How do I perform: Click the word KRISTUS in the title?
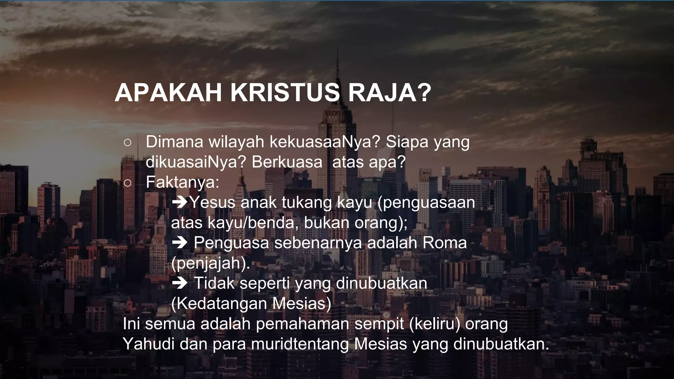(285, 93)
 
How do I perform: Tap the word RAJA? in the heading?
(389, 93)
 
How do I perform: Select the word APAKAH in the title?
(168, 93)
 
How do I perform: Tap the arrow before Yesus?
(179, 202)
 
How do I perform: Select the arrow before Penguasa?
(179, 243)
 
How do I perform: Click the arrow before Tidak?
(179, 283)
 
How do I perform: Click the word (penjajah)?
(210, 263)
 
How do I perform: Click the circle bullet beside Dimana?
(128, 142)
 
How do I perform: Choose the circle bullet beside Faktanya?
(128, 183)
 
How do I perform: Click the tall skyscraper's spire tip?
(337, 48)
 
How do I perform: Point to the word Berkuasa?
(287, 162)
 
